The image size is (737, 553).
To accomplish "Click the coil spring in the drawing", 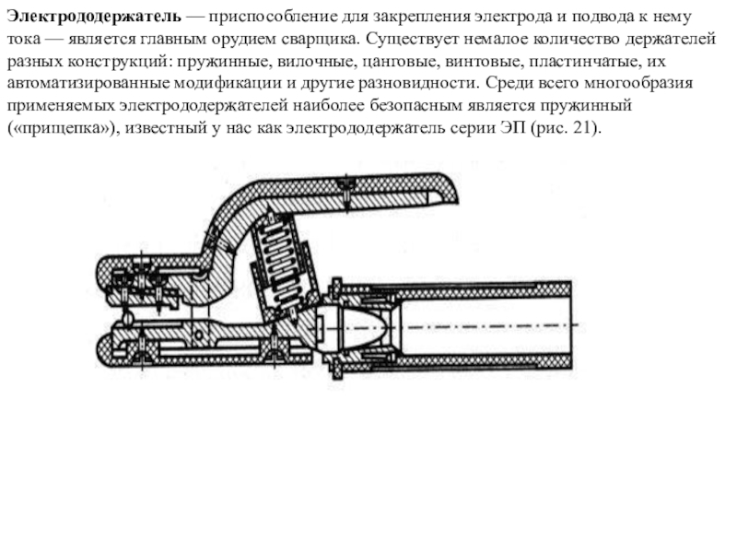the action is coord(276,249).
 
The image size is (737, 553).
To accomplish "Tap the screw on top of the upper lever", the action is coord(344,187).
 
